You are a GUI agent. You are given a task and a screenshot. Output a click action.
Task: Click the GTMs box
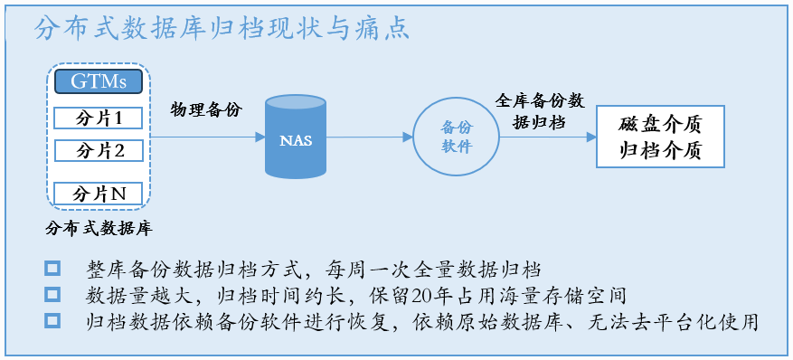tap(99, 81)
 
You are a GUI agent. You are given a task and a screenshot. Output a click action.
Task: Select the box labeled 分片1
tap(99, 118)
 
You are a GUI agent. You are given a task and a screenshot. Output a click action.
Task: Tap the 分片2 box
tap(99, 150)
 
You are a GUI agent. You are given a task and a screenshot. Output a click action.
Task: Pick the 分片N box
tap(99, 194)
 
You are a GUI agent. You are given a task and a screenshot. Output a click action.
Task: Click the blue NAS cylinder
tap(296, 137)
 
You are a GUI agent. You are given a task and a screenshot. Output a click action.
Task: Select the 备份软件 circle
tap(456, 137)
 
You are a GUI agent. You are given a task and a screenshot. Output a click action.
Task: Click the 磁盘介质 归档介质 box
tap(660, 137)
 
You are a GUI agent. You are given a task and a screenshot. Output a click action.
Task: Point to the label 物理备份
tap(205, 109)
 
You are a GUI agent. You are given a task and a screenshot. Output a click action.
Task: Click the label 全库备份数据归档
tap(540, 111)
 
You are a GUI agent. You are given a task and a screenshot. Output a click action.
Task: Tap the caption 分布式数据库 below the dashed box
tap(99, 229)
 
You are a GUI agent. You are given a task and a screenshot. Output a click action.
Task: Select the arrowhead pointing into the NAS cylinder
tap(260, 137)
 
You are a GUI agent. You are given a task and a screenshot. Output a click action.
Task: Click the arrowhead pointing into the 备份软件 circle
tap(408, 137)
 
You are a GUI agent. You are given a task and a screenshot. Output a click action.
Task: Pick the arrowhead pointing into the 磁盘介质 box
tap(591, 137)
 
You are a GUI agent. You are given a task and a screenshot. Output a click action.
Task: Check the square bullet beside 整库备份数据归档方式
tap(52, 268)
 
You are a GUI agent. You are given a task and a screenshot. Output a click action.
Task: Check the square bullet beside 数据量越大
tap(52, 294)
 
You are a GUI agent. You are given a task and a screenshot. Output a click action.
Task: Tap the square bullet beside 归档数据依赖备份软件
tap(52, 320)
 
